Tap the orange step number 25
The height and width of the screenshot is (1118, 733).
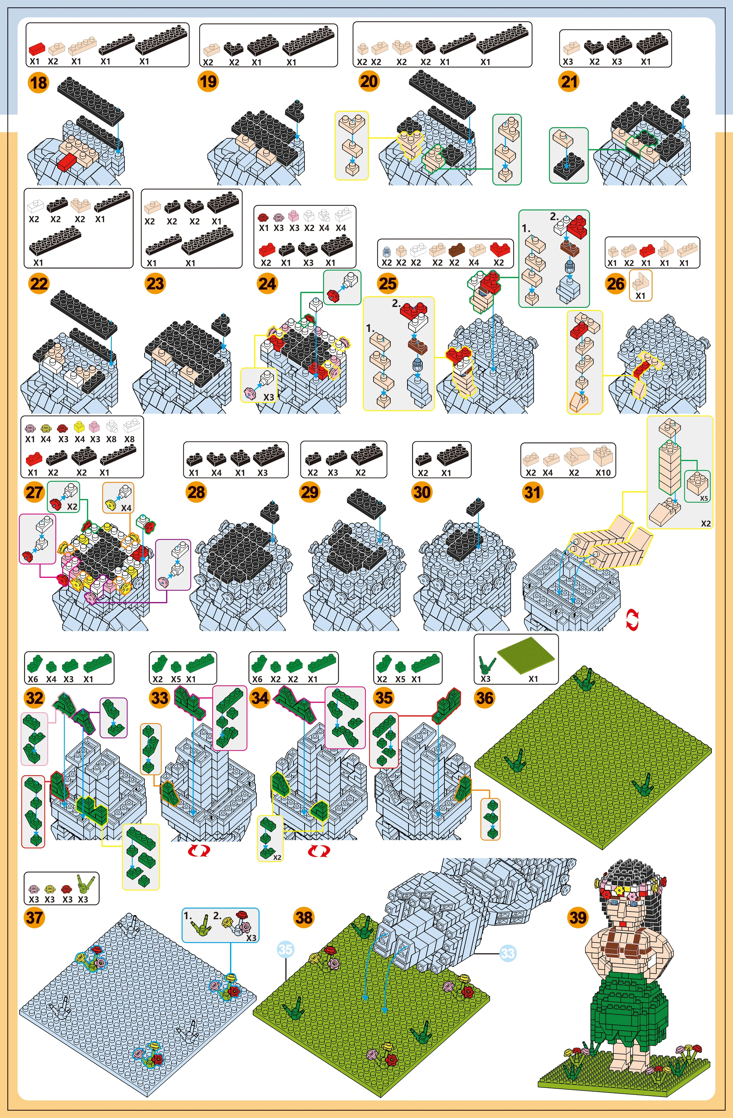(x=388, y=283)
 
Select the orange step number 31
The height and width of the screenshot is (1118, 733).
(x=532, y=492)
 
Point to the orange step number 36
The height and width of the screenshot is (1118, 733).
(x=485, y=698)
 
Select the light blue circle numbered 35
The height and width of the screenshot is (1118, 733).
(x=285, y=949)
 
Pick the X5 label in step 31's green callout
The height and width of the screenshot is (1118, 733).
(x=704, y=498)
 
